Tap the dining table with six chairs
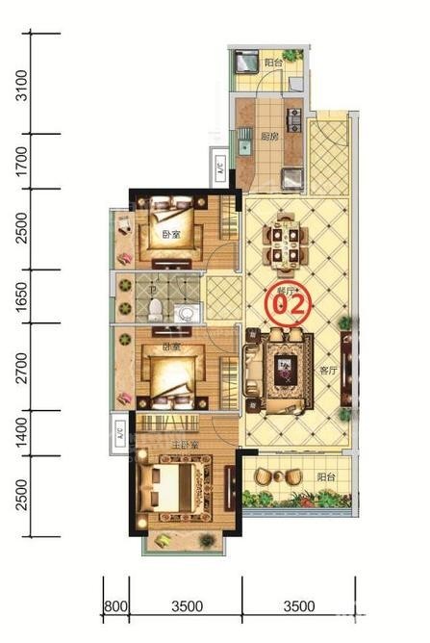click(283, 241)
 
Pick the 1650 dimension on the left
click(22, 296)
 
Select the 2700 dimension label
click(22, 366)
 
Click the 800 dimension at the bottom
click(115, 606)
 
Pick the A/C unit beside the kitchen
click(221, 169)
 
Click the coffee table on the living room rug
click(285, 366)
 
